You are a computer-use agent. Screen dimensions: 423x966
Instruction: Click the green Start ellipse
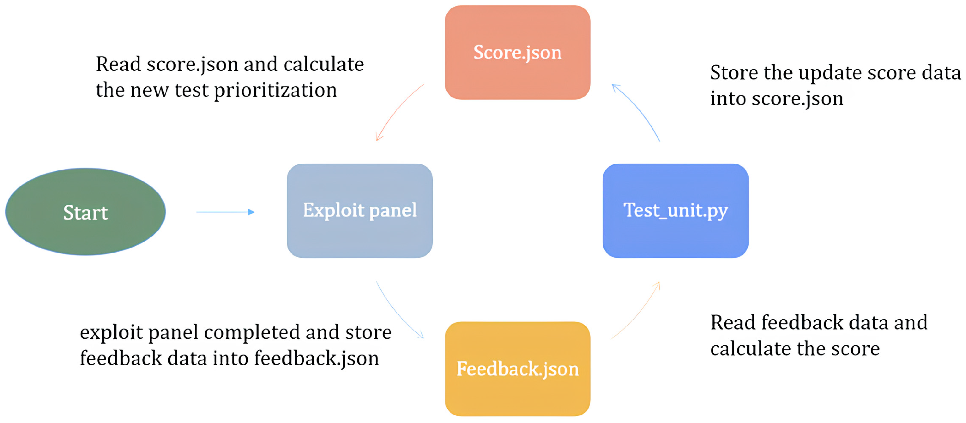point(85,212)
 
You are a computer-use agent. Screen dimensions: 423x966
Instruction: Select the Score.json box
point(517,53)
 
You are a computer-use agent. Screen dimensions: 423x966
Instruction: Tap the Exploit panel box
point(360,211)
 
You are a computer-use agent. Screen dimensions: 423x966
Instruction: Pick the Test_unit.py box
point(675,211)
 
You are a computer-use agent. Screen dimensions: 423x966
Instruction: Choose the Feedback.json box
point(517,369)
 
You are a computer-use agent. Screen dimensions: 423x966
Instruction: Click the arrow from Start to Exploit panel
point(225,212)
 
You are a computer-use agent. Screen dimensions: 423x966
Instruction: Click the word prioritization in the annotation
point(275,91)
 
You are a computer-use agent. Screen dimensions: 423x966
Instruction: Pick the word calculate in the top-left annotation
point(324,64)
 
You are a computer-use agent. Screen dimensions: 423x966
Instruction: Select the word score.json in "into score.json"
point(797,99)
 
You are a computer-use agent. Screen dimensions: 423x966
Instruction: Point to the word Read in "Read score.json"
point(118,64)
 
